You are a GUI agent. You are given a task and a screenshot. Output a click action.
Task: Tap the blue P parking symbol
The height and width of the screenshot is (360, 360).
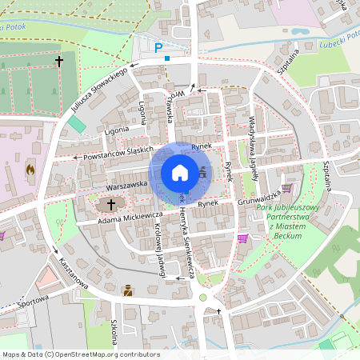158,47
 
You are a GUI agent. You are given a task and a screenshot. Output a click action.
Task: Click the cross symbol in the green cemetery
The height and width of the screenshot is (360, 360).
58,61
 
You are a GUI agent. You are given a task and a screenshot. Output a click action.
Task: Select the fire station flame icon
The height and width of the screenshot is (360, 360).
30,170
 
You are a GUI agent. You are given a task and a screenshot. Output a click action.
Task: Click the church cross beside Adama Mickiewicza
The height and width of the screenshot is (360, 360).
110,205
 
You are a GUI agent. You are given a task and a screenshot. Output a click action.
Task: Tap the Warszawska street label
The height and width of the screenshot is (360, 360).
128,184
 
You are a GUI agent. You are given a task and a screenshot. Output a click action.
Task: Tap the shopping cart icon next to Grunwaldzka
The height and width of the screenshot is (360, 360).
286,188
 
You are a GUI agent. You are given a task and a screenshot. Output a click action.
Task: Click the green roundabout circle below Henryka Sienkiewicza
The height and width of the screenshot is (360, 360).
202,298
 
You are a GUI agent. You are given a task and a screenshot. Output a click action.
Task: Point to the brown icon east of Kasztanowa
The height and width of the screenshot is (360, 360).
126,291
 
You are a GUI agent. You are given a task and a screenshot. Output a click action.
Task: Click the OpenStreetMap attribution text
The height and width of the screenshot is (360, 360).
81,354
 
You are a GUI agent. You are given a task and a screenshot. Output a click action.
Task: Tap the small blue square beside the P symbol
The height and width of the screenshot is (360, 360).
166,58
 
